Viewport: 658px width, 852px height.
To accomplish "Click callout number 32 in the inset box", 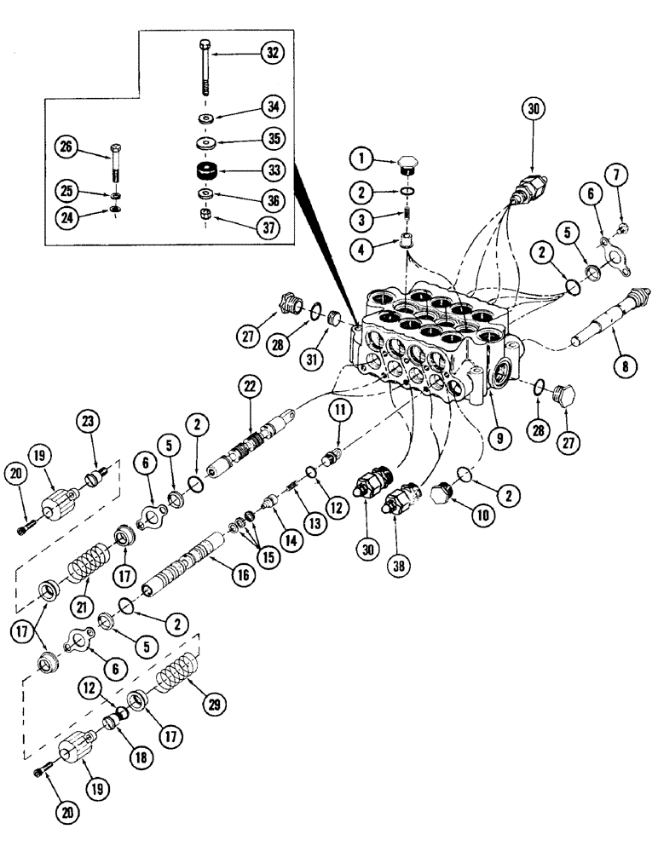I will pyautogui.click(x=272, y=53).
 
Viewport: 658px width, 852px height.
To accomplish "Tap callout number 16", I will pyautogui.click(x=243, y=576).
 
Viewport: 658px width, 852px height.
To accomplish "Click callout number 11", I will pyautogui.click(x=340, y=411).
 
